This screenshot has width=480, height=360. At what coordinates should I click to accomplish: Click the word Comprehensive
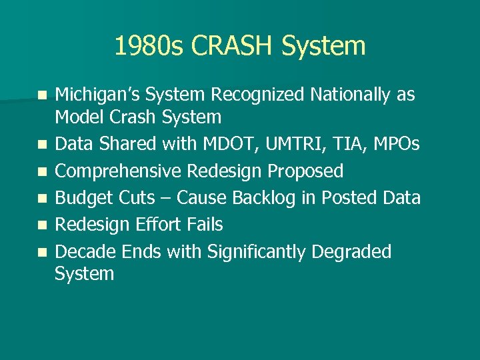(x=118, y=171)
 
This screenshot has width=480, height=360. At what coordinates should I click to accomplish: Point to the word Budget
(x=81, y=198)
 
